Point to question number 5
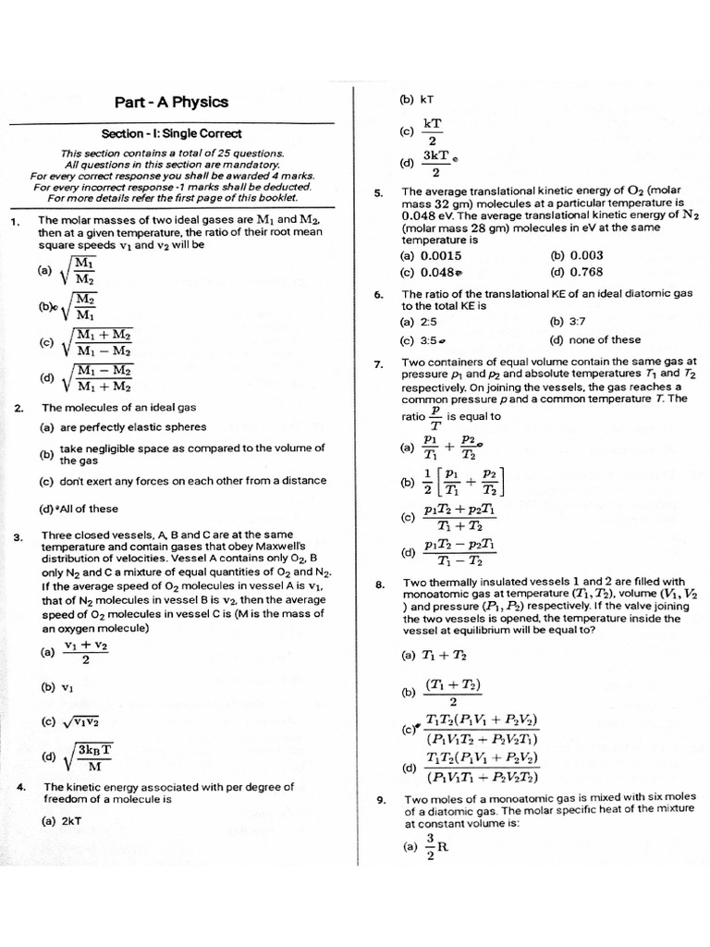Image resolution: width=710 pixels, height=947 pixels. (378, 193)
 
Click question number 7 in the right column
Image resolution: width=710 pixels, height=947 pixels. (378, 364)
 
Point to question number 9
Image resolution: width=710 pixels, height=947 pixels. (379, 800)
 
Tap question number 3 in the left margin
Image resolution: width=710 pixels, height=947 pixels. (18, 536)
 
